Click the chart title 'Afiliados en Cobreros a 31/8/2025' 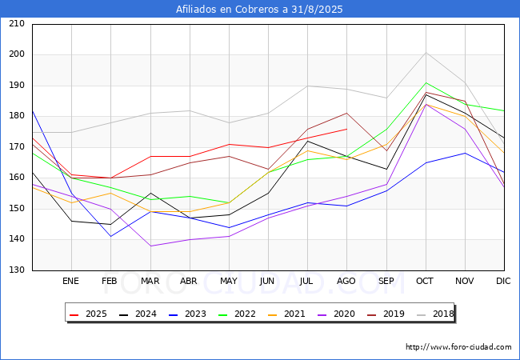tap(259, 10)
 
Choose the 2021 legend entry tap(287, 314)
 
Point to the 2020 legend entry tap(336, 314)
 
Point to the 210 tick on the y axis tap(16, 24)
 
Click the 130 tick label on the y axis tap(16, 270)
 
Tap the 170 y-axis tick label tap(16, 147)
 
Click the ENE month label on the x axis tap(71, 282)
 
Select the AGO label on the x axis tap(346, 282)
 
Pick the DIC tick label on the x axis tap(503, 282)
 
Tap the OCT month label tap(425, 282)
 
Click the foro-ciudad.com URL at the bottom tap(458, 347)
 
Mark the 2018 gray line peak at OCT tap(426, 53)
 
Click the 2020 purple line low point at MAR tap(150, 246)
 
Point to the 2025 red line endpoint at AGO tap(346, 129)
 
